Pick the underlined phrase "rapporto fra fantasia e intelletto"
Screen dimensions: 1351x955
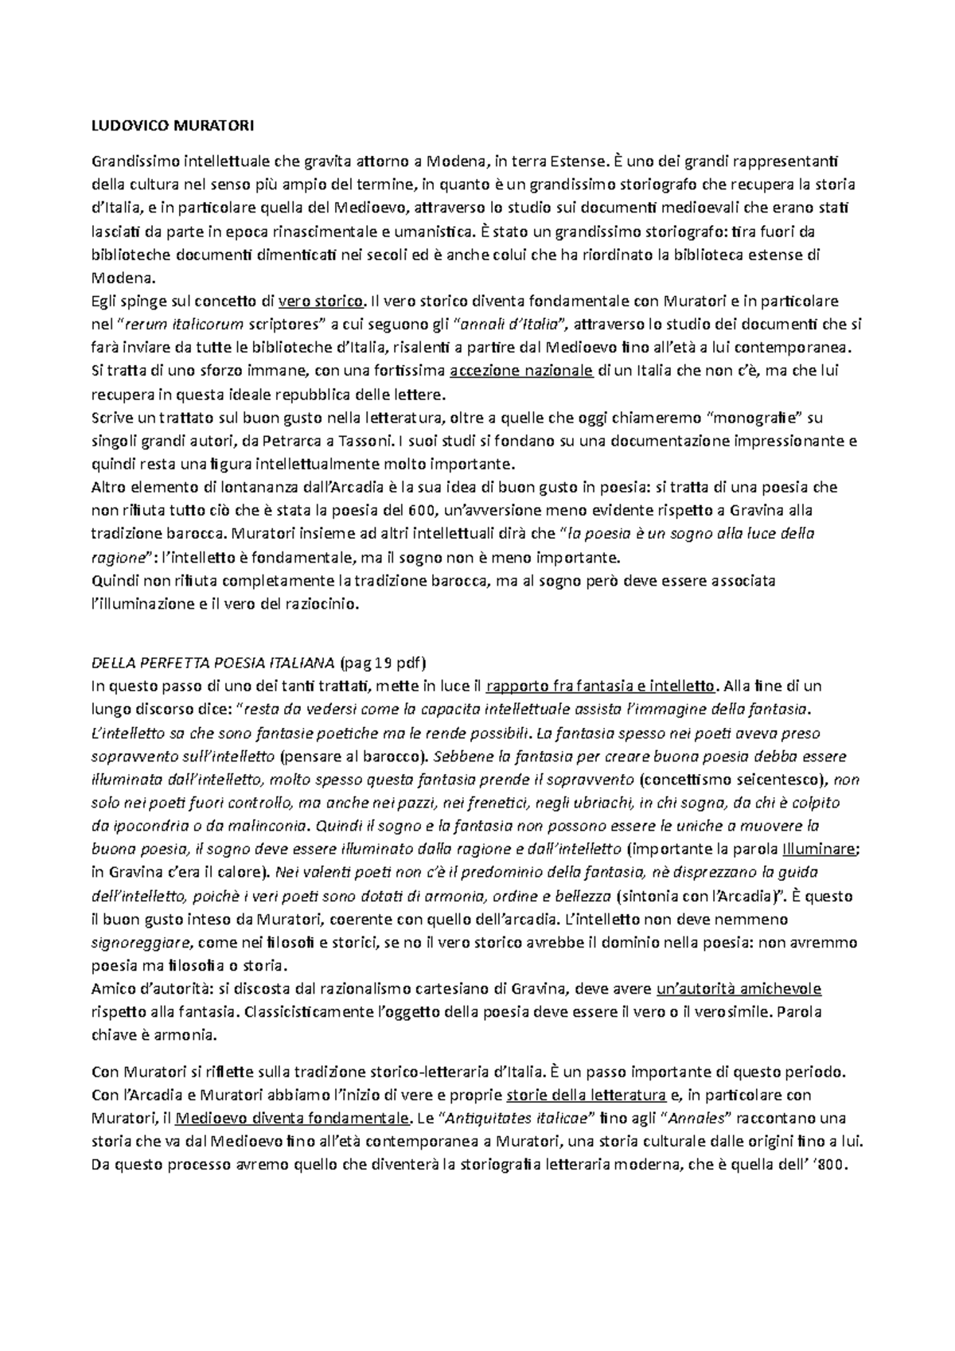click(x=601, y=686)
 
